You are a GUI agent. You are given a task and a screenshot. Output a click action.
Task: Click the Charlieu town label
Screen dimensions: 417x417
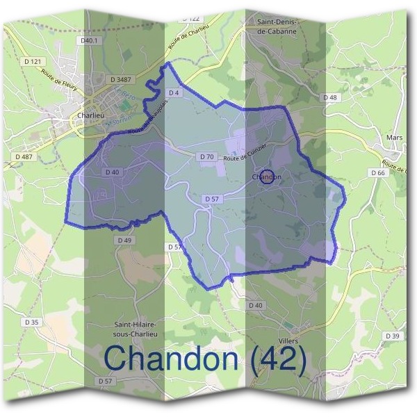(91, 116)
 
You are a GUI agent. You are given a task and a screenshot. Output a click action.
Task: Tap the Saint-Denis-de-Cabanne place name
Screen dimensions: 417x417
(277, 26)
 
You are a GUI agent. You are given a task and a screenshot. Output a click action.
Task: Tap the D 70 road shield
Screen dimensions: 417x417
(207, 157)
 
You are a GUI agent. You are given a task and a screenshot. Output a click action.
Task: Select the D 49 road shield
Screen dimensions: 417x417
(125, 240)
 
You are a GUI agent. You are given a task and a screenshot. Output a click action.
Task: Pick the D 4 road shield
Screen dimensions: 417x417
(174, 92)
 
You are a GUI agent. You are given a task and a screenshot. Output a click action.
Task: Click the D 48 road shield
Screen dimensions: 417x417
(329, 97)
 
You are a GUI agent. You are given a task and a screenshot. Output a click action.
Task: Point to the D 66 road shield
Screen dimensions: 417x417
(378, 172)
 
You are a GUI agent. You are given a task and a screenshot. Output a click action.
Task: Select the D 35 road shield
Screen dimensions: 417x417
(32, 322)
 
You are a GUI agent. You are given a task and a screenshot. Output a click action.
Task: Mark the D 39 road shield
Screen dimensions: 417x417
(392, 336)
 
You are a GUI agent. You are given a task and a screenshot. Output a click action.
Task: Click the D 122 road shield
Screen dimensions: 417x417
(193, 18)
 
